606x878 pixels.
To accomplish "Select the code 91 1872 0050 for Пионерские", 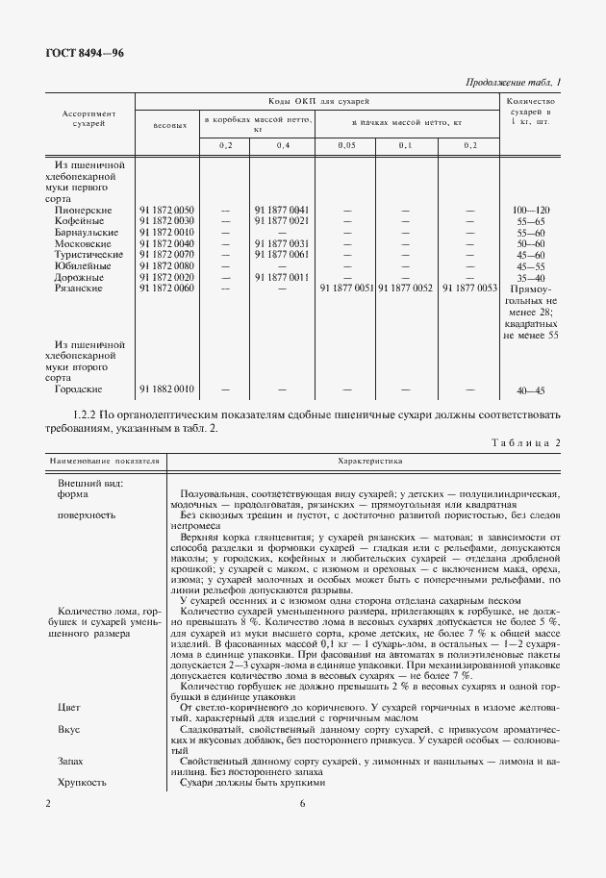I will coord(166,210).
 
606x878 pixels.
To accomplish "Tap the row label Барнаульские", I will coord(88,232).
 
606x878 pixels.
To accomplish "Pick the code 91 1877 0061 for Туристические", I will coord(281,254).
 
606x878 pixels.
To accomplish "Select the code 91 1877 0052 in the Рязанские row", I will coord(407,288).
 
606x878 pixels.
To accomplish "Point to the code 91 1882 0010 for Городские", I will coord(166,389).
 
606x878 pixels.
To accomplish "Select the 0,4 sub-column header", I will coord(282,144).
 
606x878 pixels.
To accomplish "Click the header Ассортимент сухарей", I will coord(88,118).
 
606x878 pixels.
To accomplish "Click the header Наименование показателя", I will coord(99,462).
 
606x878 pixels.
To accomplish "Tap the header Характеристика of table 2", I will coord(366,462).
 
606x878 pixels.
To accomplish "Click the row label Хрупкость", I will coord(80,783).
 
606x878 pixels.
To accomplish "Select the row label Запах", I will coord(71,761).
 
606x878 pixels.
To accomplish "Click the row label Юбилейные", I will coord(84,265).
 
